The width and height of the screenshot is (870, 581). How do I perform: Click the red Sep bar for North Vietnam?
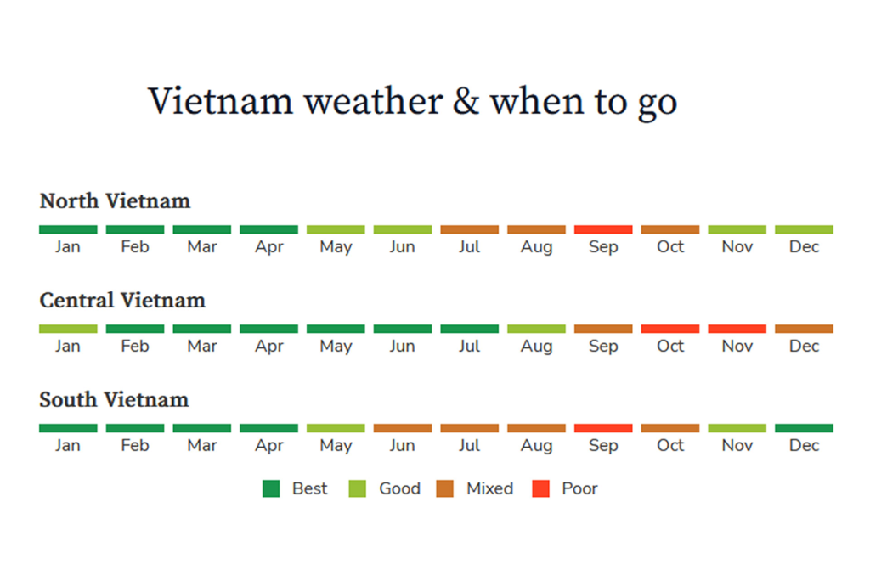[x=603, y=229]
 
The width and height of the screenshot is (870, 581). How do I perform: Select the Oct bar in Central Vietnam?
[x=670, y=329]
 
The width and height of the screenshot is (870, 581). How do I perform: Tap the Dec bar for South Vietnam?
[x=804, y=428]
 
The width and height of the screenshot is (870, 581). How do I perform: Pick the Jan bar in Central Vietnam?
[x=68, y=329]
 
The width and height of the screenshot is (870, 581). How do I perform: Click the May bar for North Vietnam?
[x=336, y=229]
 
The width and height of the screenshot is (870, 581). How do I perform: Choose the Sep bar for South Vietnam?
[x=603, y=428]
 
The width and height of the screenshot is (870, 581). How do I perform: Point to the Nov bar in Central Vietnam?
[x=737, y=329]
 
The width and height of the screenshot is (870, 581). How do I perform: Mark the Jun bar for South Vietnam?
[x=403, y=428]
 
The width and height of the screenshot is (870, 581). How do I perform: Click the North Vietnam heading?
[x=115, y=200]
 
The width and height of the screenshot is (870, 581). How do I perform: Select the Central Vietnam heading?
[x=122, y=300]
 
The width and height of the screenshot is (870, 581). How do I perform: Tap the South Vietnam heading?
[x=115, y=399]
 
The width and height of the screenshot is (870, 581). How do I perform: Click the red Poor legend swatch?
[x=541, y=489]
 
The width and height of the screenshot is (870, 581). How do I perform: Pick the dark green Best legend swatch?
[x=271, y=489]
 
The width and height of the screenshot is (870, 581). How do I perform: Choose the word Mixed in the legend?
[x=490, y=488]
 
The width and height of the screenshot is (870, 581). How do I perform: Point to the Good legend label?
[x=399, y=488]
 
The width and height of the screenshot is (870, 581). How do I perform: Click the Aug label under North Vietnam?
[x=537, y=247]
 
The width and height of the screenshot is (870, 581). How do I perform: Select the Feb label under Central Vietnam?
[x=135, y=346]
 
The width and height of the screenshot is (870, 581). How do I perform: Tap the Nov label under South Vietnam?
[x=737, y=445]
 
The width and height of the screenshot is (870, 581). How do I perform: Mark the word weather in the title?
[x=374, y=102]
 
